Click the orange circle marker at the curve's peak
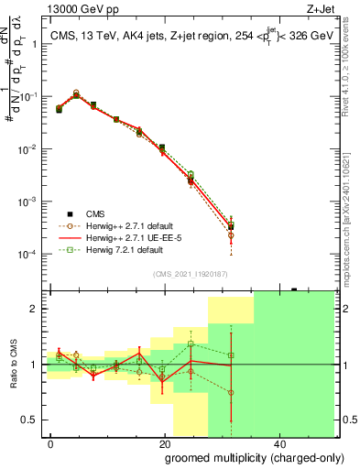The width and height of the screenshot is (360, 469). pyautogui.click(x=76, y=93)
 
